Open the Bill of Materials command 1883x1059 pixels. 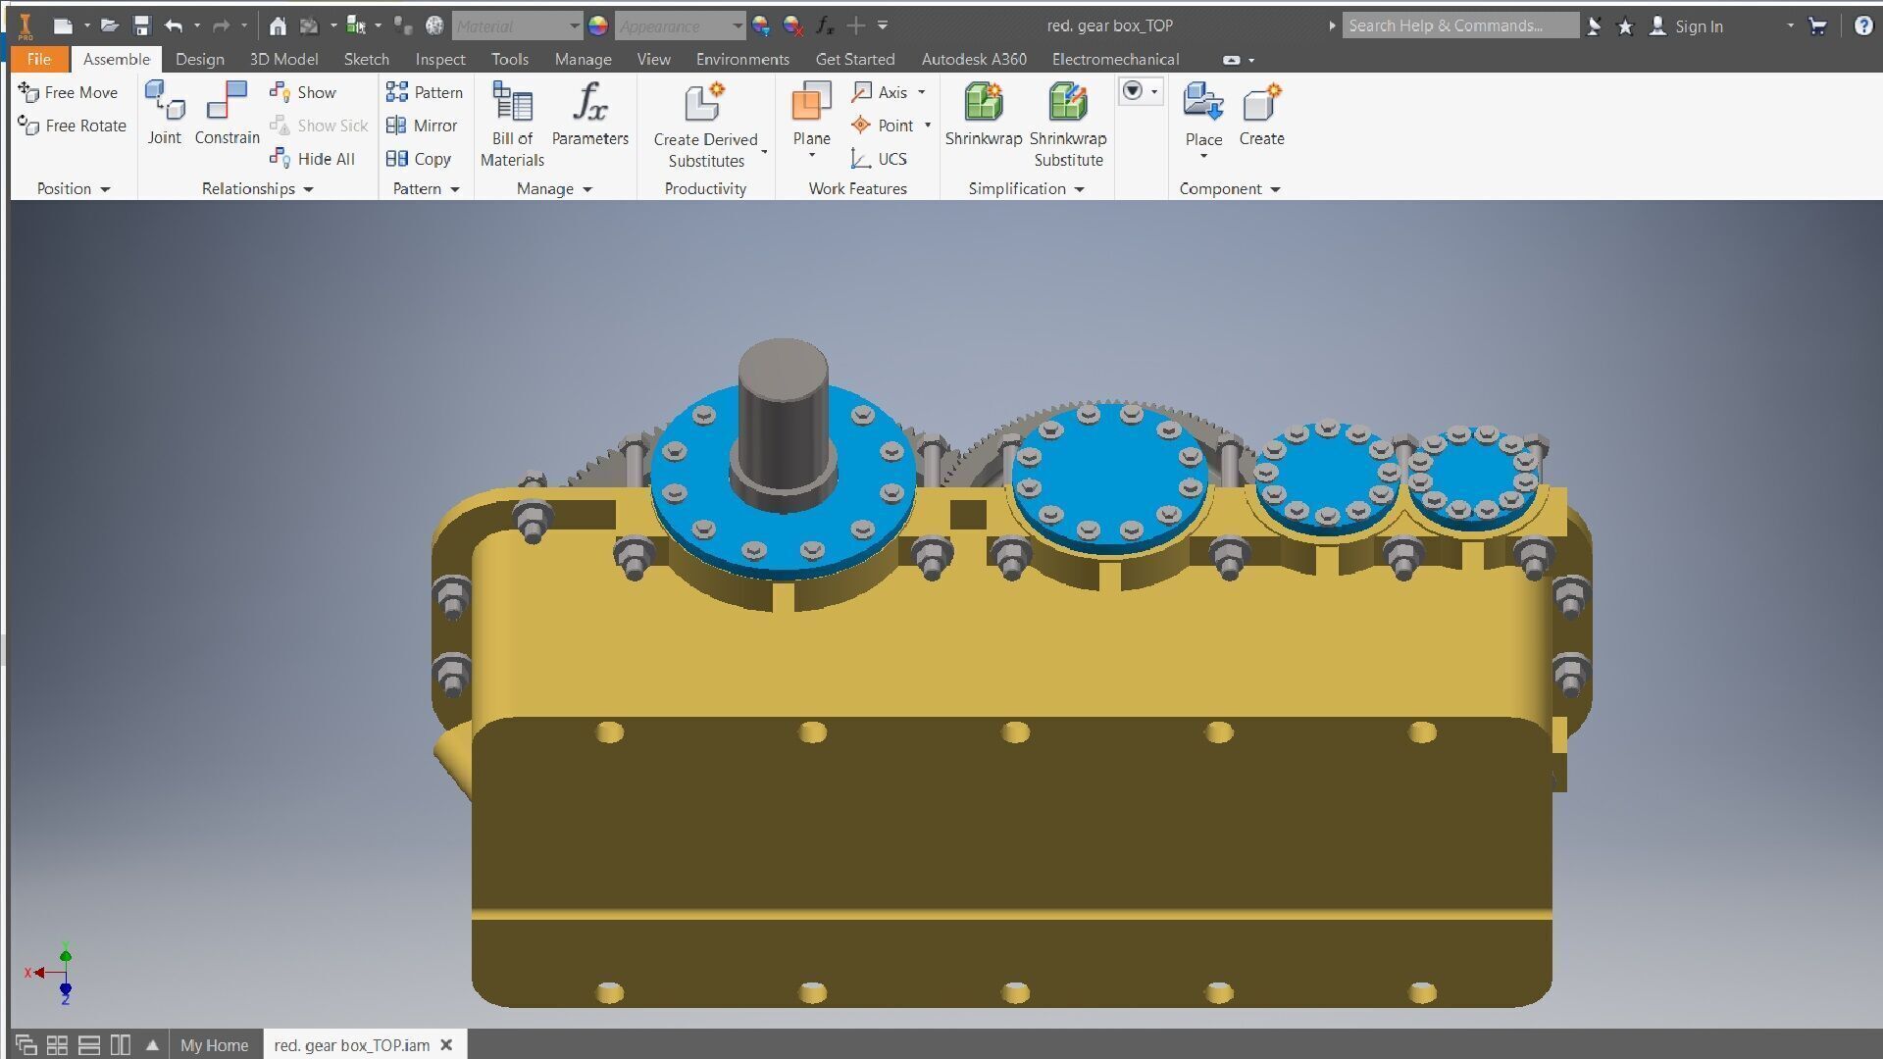pos(512,125)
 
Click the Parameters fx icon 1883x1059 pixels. pos(589,102)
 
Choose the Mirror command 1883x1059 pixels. pos(423,126)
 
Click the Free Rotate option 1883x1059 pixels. pos(74,126)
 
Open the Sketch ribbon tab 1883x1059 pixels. pos(366,59)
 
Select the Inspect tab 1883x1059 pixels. pos(439,59)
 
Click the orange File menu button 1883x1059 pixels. pos(39,59)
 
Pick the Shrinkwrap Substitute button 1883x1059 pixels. pos(1068,125)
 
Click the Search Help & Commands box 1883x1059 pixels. pos(1459,25)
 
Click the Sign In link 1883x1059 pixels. pos(1698,26)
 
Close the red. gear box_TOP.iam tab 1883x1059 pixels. pos(446,1045)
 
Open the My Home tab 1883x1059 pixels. pos(214,1045)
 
